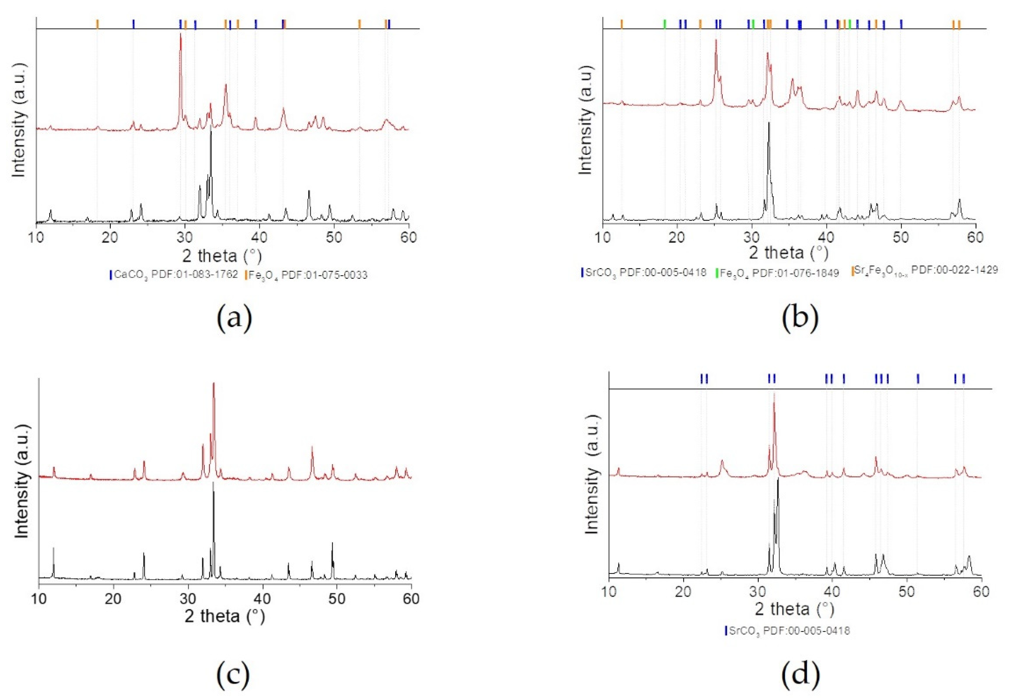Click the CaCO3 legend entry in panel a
coord(174,275)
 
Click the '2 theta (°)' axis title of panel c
coord(225,616)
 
